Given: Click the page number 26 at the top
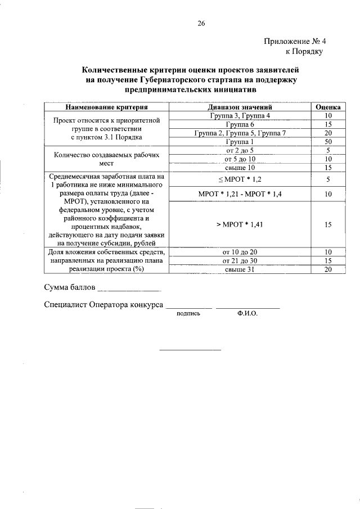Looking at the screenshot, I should point(201,23).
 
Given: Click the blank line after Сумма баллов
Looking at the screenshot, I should point(129,289).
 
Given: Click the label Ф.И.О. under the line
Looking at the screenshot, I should point(247,314).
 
